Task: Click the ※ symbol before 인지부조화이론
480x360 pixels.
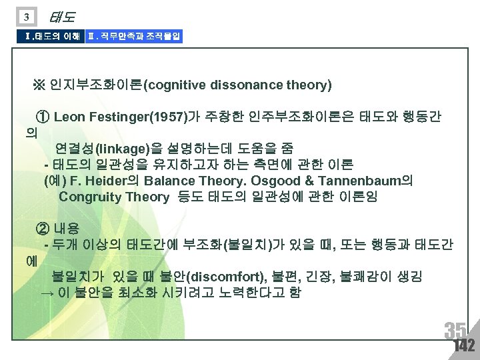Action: click(x=37, y=85)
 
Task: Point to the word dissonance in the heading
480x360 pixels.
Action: click(x=247, y=85)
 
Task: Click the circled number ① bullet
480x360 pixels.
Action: click(x=44, y=117)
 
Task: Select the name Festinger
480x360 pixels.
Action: click(x=116, y=117)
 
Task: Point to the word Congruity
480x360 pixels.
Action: click(x=87, y=197)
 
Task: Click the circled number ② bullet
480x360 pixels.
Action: click(x=44, y=229)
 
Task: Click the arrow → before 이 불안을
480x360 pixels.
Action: click(x=47, y=293)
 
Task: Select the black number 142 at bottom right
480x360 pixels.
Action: click(x=463, y=346)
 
